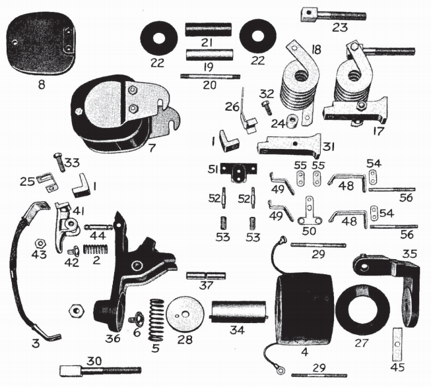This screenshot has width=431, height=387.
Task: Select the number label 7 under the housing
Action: [x=152, y=148]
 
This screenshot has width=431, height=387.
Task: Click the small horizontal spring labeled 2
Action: [x=94, y=250]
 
